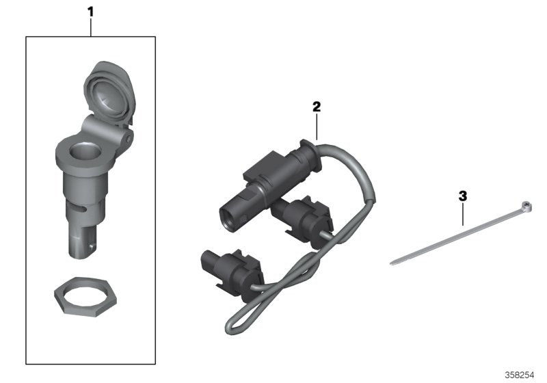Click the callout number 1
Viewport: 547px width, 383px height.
pyautogui.click(x=90, y=11)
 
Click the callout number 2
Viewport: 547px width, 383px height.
pyautogui.click(x=316, y=107)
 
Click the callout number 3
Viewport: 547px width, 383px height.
pyautogui.click(x=463, y=196)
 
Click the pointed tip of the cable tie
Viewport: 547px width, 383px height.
pyautogui.click(x=391, y=263)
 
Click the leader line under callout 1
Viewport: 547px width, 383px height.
pyautogui.click(x=90, y=27)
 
